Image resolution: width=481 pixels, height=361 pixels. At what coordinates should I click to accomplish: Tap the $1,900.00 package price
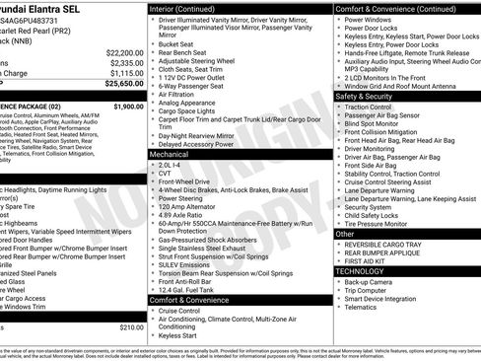[x=127, y=106]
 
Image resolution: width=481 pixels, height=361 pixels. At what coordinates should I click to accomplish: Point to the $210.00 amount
[x=131, y=327]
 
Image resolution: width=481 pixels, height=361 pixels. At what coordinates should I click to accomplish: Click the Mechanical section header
[x=170, y=155]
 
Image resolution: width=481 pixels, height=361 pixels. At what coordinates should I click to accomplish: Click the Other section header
[x=345, y=235]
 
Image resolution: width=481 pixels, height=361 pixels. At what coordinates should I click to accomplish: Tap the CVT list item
[x=164, y=173]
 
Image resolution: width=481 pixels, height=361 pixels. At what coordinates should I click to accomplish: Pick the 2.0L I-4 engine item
[x=171, y=164]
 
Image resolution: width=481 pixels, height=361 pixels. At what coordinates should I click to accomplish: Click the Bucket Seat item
[x=175, y=44]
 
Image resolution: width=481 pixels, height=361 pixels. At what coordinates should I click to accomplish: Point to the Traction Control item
[x=376, y=106]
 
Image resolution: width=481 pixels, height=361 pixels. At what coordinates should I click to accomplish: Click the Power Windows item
[x=370, y=19]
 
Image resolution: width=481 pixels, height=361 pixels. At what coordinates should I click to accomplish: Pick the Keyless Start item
[x=177, y=335]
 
